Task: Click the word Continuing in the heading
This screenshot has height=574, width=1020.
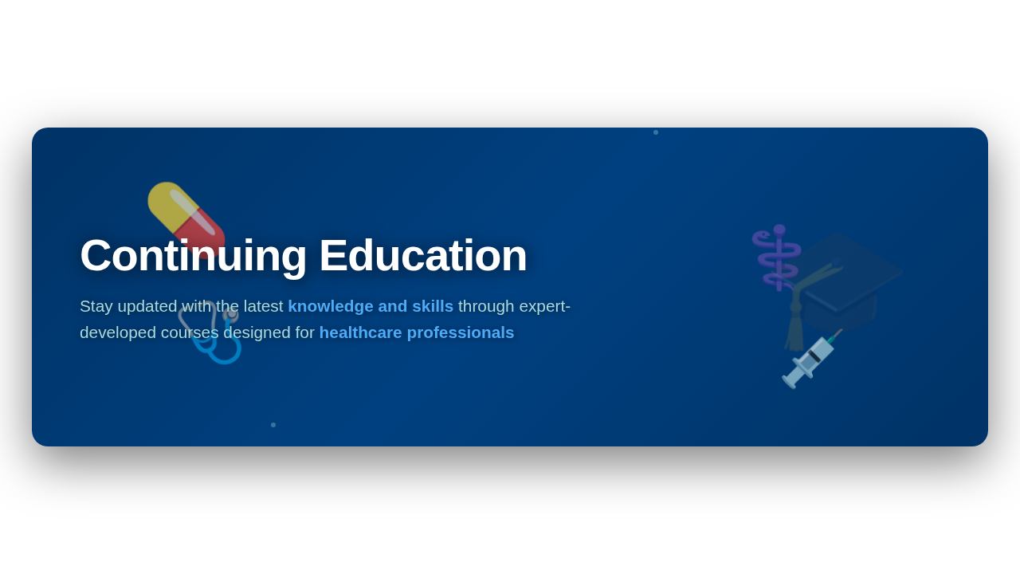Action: click(193, 257)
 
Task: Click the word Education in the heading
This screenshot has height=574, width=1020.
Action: click(423, 256)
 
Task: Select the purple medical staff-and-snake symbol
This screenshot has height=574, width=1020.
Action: click(778, 258)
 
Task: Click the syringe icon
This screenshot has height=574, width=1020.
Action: click(810, 360)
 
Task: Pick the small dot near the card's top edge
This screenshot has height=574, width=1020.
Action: click(656, 132)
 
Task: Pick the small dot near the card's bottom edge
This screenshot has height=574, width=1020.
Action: click(273, 425)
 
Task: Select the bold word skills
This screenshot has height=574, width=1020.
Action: click(433, 306)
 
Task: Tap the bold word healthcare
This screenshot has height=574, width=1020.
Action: click(361, 332)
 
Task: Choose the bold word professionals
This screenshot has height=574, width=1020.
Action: click(461, 333)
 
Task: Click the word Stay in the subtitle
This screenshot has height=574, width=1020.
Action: click(96, 307)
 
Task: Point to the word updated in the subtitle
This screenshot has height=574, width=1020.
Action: click(147, 307)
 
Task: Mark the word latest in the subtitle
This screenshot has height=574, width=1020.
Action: click(264, 306)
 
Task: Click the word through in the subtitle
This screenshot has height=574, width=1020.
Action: click(486, 307)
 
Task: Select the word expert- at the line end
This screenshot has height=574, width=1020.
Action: click(544, 307)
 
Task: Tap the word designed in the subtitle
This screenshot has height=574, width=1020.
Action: click(257, 333)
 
